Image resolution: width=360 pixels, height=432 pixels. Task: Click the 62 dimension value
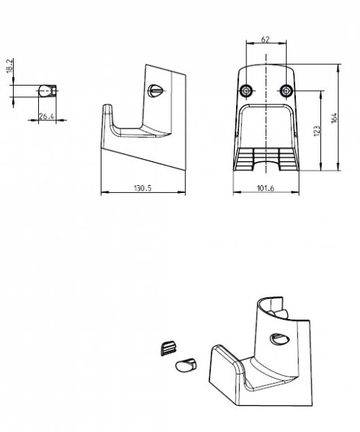coord(265,40)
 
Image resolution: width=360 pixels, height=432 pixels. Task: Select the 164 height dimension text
coord(334,118)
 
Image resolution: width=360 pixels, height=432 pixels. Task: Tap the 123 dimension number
coord(317,131)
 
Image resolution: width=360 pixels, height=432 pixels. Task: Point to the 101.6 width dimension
coord(266,188)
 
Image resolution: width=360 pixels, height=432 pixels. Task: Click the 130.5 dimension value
coord(143,188)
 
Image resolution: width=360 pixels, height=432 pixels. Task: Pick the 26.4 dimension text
coord(46,116)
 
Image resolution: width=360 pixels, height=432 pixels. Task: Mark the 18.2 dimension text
coord(9,66)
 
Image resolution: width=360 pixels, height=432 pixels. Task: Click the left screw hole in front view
coord(246,91)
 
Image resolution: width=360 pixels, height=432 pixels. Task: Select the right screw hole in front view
coord(286,91)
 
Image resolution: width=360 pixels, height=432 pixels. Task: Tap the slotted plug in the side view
coord(156,91)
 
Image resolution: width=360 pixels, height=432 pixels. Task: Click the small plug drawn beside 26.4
coord(48,91)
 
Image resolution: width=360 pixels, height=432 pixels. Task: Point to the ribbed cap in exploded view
coord(168,348)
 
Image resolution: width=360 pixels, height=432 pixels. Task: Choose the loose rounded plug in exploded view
coord(186,365)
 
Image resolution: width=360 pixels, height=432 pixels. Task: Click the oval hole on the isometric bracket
coord(279,339)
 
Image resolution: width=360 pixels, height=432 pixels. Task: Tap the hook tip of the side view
coord(107,105)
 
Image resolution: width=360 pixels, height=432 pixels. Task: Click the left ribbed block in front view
coord(245,159)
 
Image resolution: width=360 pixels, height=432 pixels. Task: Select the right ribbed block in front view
coord(287,159)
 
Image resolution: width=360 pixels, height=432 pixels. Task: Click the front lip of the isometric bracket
coord(224,374)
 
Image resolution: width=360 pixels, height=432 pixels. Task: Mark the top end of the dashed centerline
coord(266,54)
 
